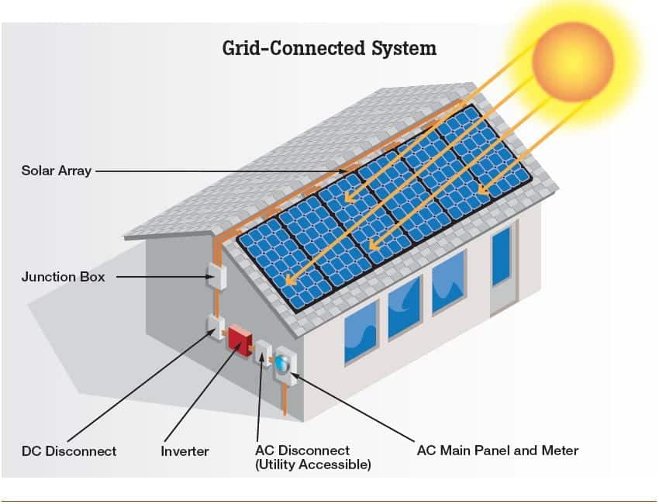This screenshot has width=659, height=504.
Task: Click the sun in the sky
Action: click(x=572, y=62)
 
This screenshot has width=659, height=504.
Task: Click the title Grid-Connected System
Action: click(x=329, y=48)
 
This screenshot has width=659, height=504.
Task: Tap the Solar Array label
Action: click(x=57, y=171)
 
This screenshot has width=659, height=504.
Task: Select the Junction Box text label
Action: click(x=63, y=277)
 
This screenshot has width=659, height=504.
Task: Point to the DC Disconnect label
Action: click(x=69, y=451)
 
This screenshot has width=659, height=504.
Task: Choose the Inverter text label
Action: click(x=185, y=451)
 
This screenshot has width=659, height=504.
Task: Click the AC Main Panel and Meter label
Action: click(x=498, y=450)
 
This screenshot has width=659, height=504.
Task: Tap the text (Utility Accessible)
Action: click(x=313, y=464)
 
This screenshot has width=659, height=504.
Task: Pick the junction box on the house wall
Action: click(x=216, y=275)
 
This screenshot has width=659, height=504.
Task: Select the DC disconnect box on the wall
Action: click(x=216, y=327)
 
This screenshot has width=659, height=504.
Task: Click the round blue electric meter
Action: click(x=282, y=362)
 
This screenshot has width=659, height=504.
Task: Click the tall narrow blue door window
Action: click(x=501, y=256)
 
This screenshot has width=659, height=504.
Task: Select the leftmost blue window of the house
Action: click(x=361, y=332)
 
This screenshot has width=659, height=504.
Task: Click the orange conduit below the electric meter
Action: click(x=285, y=400)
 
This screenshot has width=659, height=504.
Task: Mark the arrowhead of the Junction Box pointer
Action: click(x=210, y=277)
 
